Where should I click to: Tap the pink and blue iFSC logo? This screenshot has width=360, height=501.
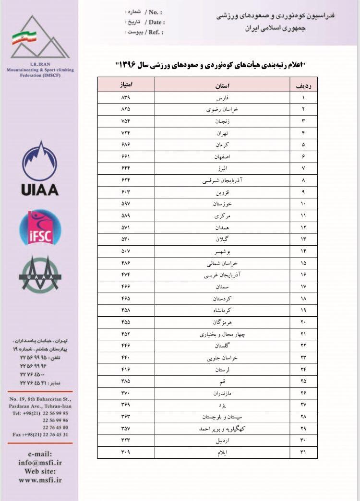40,227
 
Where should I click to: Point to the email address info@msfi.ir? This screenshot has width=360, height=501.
40,463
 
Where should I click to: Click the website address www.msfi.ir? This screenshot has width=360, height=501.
40,479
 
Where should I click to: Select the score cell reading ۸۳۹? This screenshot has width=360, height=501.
126,97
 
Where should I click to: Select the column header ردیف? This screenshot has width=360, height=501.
303,85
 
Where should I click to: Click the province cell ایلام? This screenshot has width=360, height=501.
221,452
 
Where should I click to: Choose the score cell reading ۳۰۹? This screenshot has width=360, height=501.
126,452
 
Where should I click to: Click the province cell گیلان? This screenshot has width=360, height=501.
221,239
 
